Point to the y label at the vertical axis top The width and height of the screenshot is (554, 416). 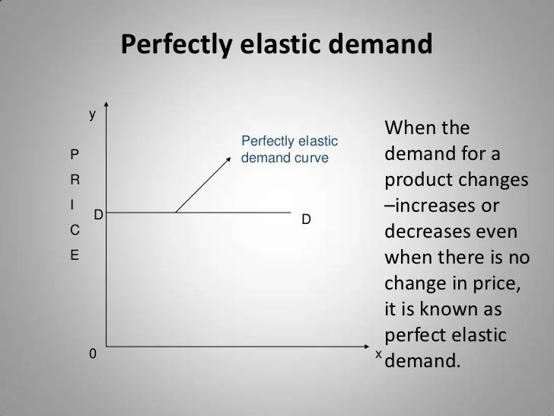[x=93, y=114]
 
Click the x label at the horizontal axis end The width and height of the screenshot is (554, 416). [x=378, y=354]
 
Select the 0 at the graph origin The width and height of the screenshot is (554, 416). [x=93, y=354]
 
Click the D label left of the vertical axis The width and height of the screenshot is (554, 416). [x=98, y=216]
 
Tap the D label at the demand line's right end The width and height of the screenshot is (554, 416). [x=306, y=220]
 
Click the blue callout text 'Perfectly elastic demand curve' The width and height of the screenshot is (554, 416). [x=288, y=150]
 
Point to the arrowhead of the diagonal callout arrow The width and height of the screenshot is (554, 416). [x=229, y=159]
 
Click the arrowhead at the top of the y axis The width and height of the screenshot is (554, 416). [x=108, y=106]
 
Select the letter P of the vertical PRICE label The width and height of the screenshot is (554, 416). [x=74, y=154]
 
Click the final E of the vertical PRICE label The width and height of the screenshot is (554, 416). [x=74, y=256]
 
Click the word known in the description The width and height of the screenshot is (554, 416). [x=450, y=309]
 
